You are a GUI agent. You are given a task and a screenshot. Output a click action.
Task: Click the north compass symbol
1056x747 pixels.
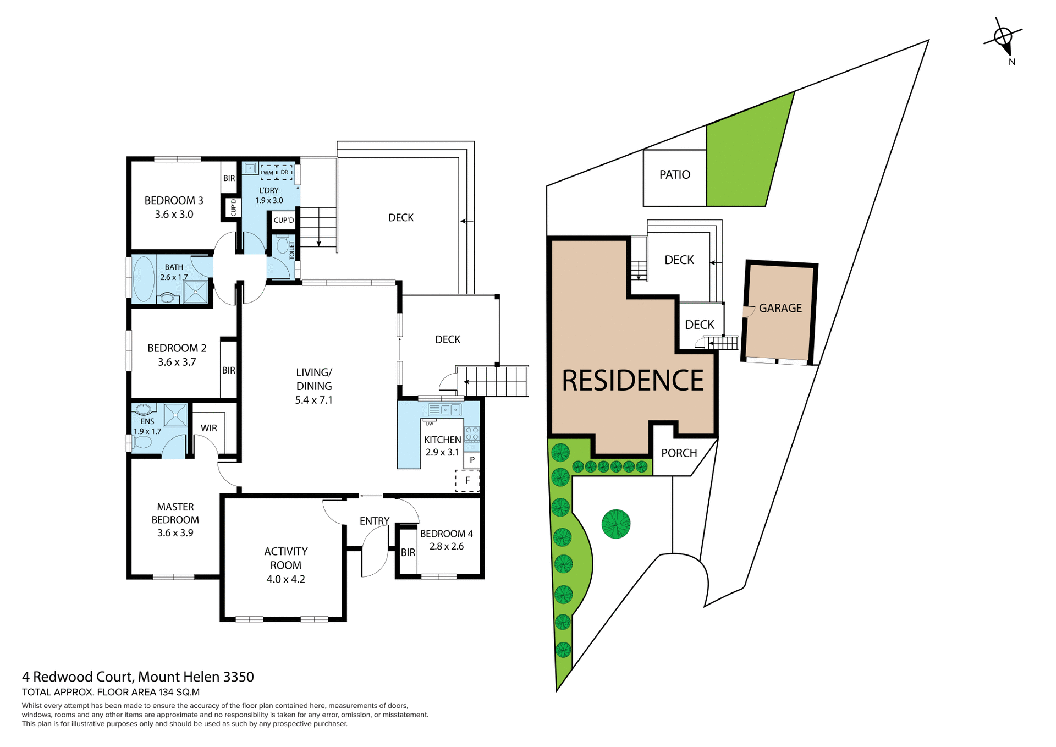[1003, 37]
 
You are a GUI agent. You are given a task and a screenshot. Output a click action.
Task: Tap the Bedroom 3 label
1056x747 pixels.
[174, 201]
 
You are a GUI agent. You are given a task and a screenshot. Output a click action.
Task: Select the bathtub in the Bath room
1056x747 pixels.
[144, 278]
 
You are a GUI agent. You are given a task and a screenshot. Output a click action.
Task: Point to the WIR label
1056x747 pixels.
[208, 428]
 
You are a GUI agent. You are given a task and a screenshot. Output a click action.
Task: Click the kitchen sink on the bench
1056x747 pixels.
[450, 409]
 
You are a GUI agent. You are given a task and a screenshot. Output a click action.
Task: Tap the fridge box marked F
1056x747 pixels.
[468, 480]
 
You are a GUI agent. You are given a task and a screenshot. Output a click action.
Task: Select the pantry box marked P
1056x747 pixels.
[472, 460]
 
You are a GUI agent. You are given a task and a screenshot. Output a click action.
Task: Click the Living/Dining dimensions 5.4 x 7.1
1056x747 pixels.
[313, 400]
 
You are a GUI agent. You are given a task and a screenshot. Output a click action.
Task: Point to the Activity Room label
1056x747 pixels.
[285, 558]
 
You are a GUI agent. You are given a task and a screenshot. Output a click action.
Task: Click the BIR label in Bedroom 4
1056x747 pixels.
[408, 552]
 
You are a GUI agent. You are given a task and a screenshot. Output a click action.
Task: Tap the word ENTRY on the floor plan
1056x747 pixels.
[374, 521]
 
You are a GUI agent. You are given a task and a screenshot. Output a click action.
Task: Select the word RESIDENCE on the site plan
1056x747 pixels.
[632, 381]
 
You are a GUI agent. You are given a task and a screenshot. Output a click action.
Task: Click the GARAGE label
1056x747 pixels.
[780, 308]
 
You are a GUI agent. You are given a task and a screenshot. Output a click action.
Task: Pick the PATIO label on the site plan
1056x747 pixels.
[674, 175]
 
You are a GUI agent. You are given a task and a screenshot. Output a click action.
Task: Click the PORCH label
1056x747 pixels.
[679, 453]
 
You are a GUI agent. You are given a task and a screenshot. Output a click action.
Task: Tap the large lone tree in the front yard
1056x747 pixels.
[615, 524]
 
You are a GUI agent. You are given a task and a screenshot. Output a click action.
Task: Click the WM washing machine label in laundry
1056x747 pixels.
[268, 173]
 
